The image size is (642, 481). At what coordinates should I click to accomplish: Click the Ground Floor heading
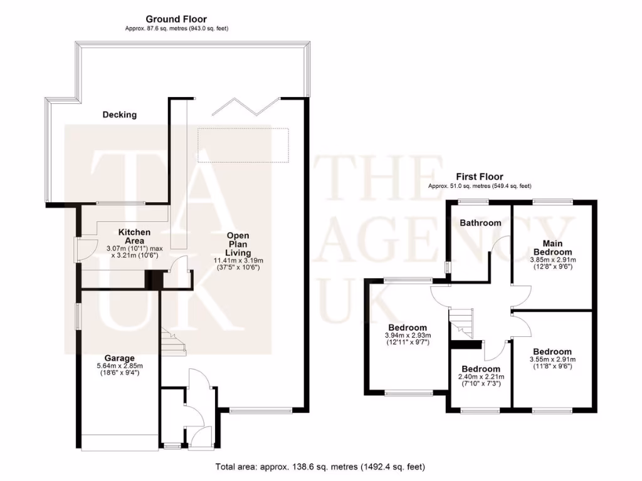[176, 19]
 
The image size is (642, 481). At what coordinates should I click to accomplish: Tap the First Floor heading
[480, 177]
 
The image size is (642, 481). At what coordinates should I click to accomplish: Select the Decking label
[120, 115]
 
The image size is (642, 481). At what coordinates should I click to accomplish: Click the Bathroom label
[480, 222]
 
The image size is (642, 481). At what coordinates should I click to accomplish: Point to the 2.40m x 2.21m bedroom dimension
[480, 377]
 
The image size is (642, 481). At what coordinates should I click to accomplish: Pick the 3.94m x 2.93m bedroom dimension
[408, 336]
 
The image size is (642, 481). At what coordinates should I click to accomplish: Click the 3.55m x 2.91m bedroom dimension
[552, 359]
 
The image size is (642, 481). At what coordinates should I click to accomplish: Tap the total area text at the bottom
[320, 467]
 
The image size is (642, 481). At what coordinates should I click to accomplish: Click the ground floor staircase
[171, 342]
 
